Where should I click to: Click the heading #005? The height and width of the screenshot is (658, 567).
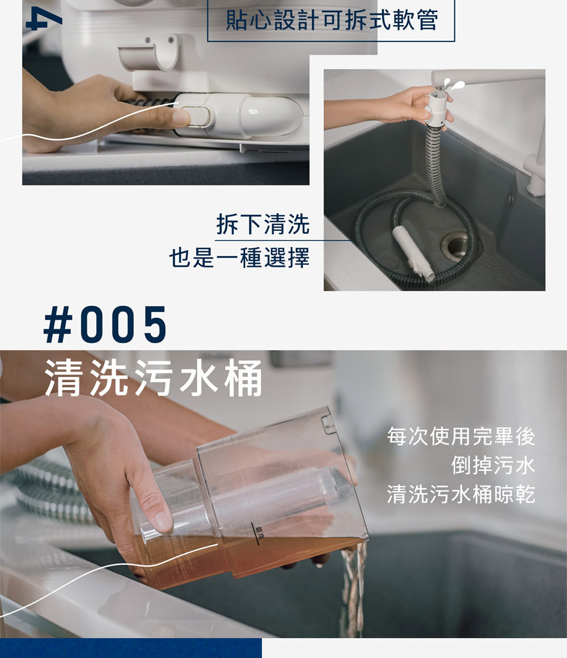click(105, 324)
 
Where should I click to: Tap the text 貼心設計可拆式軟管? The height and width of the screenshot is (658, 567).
click(331, 20)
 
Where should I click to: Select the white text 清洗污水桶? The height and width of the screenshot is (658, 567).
click(154, 378)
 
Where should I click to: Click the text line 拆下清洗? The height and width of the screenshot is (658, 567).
click(263, 224)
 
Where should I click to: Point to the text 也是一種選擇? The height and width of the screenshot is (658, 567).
click(239, 257)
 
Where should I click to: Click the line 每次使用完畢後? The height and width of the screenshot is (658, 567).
click(461, 436)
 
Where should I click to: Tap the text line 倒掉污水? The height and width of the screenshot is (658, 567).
click(493, 465)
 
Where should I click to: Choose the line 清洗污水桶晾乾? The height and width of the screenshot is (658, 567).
click(461, 493)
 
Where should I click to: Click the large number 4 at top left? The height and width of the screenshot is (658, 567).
click(44, 19)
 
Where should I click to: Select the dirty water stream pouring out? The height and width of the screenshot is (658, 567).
click(353, 588)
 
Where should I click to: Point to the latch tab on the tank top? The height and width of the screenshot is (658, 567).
click(328, 423)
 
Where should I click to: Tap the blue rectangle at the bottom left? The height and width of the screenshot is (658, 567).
click(131, 648)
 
